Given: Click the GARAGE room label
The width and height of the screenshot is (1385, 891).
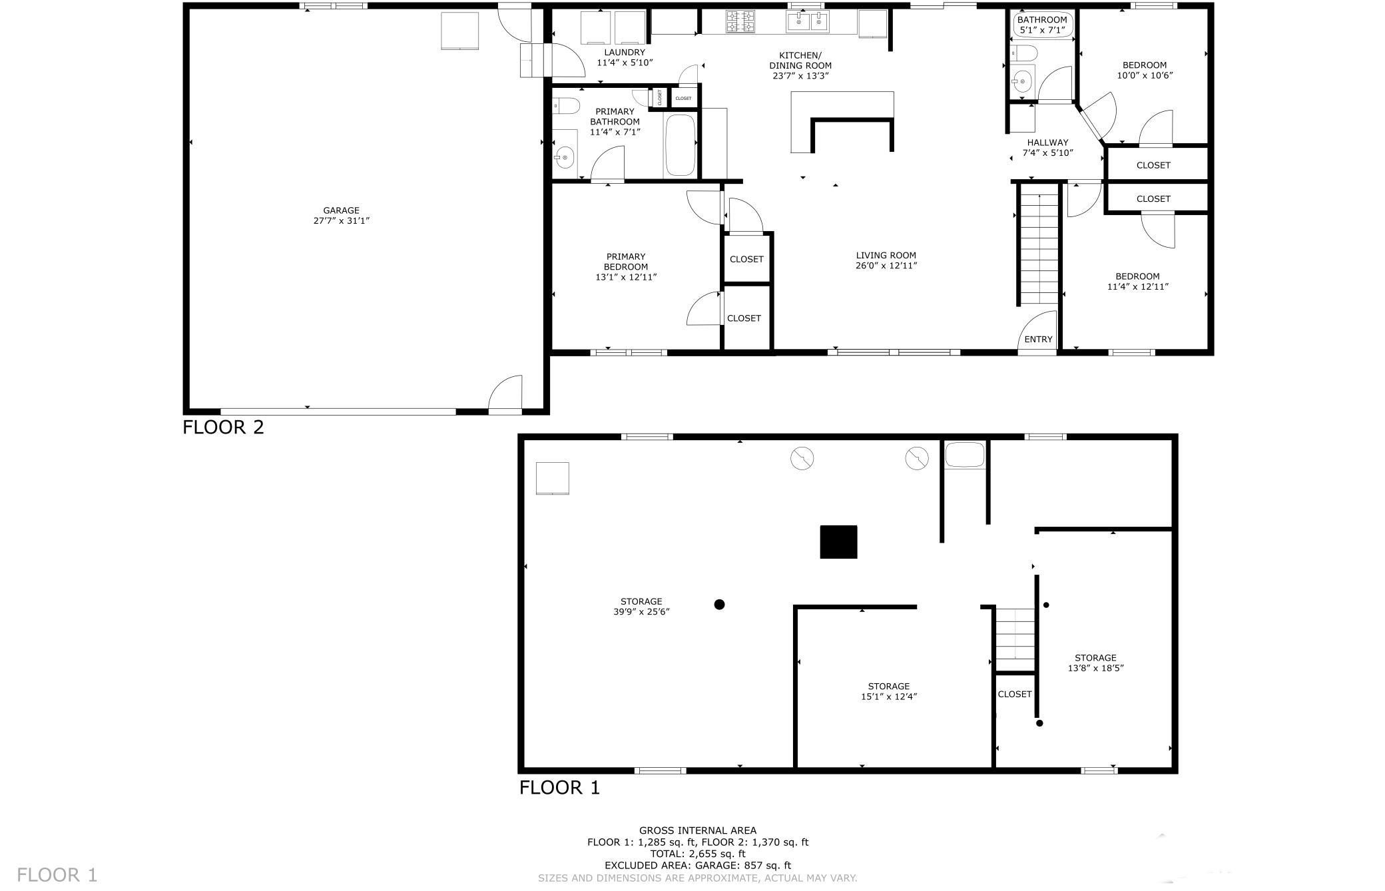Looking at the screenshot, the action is click(341, 210).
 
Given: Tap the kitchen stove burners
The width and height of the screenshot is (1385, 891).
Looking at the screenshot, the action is click(740, 21).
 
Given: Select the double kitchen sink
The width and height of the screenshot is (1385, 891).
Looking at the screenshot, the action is click(808, 22).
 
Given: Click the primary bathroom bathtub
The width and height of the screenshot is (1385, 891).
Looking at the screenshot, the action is click(680, 145).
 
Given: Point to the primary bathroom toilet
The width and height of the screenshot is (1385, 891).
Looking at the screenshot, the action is click(565, 105).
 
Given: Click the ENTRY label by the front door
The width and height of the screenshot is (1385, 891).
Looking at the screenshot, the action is click(1038, 340).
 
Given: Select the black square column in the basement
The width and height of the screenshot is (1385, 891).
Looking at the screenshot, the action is click(838, 541).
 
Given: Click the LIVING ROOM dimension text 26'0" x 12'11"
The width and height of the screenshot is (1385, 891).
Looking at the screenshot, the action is click(886, 266).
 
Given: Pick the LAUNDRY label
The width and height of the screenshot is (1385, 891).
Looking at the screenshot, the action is click(625, 53).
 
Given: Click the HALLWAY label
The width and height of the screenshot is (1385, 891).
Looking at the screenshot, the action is click(1047, 143).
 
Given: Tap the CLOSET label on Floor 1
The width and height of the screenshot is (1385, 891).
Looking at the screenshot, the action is click(1015, 694).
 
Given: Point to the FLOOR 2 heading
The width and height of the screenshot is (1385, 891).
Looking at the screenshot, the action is click(223, 427).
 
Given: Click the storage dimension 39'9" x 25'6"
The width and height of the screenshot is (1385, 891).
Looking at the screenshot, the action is click(641, 612).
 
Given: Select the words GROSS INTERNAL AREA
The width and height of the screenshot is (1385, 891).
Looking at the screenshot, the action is click(698, 830).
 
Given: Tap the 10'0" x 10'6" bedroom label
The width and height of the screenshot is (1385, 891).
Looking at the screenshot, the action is click(1145, 75).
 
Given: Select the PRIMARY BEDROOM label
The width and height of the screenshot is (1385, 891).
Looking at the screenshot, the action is click(626, 262).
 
